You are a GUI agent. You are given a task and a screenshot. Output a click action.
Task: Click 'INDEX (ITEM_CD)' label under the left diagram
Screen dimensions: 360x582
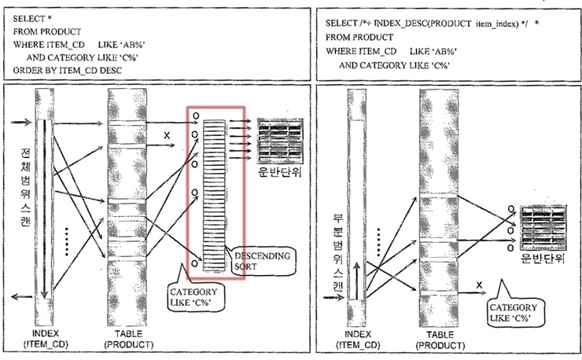[x=44, y=340]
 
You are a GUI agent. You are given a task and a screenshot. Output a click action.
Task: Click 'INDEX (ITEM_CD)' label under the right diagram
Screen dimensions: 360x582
[x=357, y=340]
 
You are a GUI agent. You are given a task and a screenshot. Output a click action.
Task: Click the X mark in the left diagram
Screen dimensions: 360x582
[x=166, y=136]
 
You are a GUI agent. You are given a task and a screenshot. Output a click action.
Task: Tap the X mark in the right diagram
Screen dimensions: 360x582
[x=479, y=284]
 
